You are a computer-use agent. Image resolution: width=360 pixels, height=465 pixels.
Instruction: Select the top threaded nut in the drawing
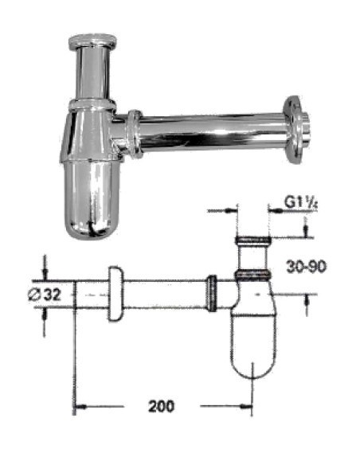[253, 239]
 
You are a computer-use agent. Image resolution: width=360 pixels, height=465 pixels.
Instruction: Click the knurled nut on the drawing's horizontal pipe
[212, 291]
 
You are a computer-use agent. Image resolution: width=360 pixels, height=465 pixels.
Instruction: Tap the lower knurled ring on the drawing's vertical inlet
[253, 275]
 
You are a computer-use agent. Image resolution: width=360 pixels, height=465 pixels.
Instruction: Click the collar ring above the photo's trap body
[91, 105]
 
